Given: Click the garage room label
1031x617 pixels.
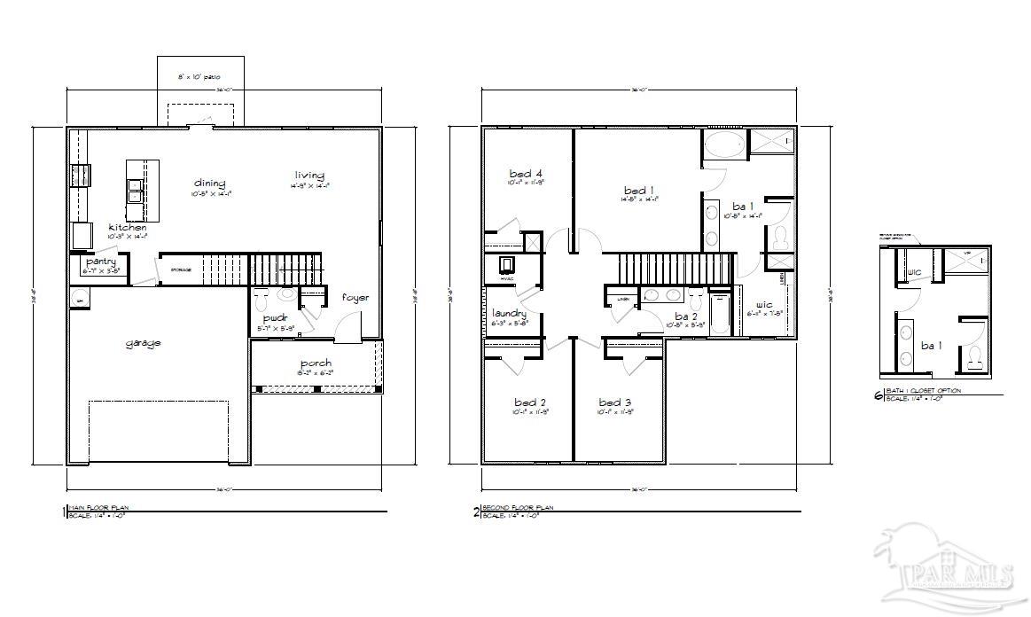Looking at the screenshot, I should (143, 343).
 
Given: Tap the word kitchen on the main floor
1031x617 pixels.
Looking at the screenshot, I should (128, 228).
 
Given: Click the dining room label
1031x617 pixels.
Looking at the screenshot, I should (210, 184).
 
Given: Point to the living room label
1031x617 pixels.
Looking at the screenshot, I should (309, 176).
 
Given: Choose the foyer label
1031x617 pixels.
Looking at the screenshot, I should (355, 298).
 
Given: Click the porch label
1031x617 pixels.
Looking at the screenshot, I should (316, 363).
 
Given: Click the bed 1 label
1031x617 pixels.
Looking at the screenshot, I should (639, 191).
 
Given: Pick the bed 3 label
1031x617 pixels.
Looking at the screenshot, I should (614, 402).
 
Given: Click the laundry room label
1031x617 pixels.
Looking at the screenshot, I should (509, 313).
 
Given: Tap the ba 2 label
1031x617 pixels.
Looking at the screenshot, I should (686, 316).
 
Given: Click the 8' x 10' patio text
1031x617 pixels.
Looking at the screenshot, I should (199, 78).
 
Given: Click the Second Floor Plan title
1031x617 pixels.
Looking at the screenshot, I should (517, 508).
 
